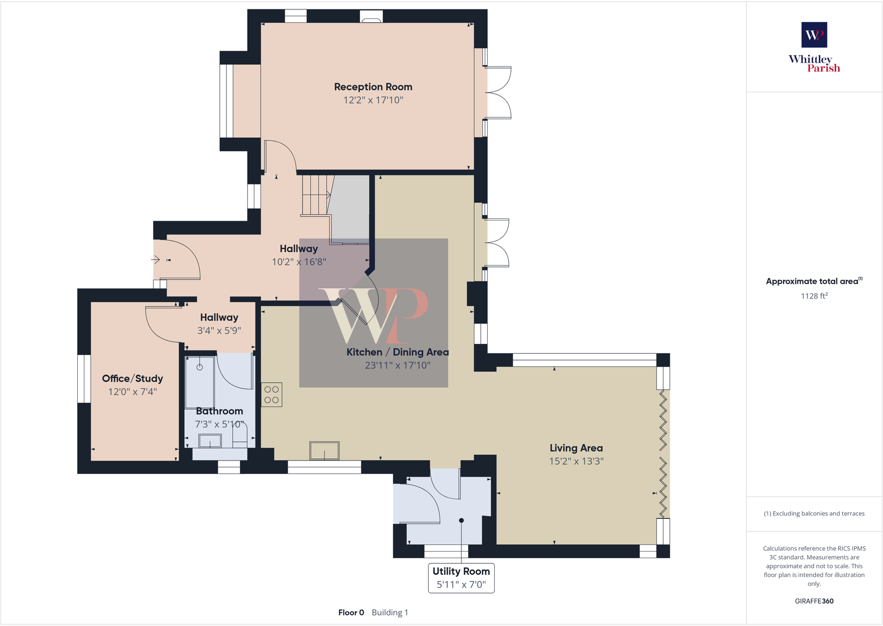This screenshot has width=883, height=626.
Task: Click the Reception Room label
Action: point(373,87)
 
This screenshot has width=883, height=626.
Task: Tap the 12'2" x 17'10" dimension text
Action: point(373,100)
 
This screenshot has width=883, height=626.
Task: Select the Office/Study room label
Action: point(132,378)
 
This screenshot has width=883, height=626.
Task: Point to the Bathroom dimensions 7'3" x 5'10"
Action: point(219,424)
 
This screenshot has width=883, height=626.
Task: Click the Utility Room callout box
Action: point(461,578)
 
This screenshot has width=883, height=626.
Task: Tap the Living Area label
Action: point(576,448)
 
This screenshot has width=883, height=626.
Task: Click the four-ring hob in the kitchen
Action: point(272,395)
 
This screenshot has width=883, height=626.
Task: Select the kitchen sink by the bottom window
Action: point(324,450)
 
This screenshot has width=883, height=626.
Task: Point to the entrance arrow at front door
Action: point(155,259)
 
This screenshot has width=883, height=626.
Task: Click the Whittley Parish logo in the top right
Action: point(814,47)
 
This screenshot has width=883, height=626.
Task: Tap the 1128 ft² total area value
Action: point(814,296)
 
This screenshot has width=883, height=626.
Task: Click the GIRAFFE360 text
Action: point(814,601)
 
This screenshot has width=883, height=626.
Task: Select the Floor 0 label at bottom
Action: point(351,613)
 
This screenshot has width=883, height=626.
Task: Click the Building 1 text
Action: point(390,613)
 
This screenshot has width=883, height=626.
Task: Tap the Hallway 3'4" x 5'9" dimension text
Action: point(219,330)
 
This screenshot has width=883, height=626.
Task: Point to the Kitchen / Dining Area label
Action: point(397,352)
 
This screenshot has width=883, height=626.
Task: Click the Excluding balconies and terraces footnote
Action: point(814,514)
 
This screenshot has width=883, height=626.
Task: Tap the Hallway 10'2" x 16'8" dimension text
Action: point(298,262)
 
